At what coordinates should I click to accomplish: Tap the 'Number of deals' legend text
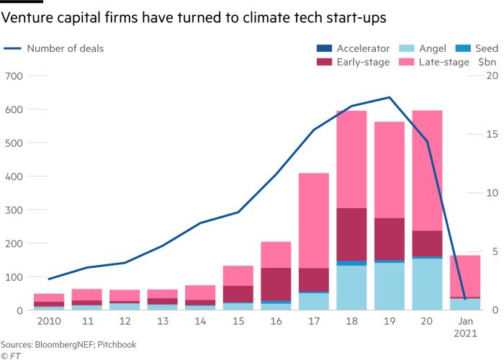pyautogui.click(x=65, y=49)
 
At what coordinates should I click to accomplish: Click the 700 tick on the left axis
pyautogui.click(x=14, y=76)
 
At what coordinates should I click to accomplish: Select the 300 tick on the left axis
pyautogui.click(x=14, y=210)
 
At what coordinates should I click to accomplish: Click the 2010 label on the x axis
pyautogui.click(x=49, y=320)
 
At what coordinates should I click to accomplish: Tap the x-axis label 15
pyautogui.click(x=238, y=320)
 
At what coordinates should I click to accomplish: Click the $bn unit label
pyautogui.click(x=487, y=63)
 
